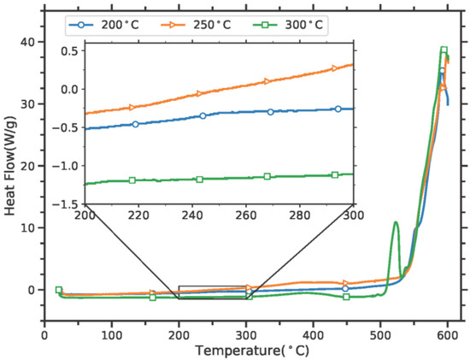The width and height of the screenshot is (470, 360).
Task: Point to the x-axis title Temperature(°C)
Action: coord(245,351)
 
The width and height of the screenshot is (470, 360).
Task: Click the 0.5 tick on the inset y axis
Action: coord(72,51)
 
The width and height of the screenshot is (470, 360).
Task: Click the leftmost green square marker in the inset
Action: coord(132,180)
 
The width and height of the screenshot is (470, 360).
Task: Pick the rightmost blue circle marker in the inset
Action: coord(338,109)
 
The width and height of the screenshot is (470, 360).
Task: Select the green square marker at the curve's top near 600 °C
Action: coord(444,50)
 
